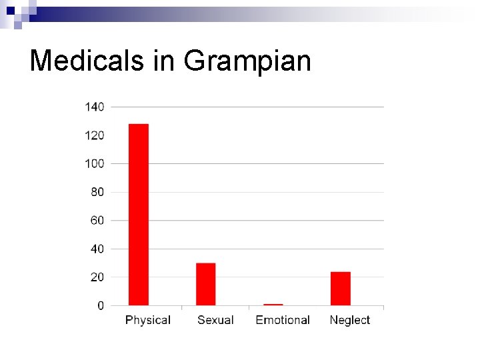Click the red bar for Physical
(139, 215)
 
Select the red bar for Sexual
(206, 284)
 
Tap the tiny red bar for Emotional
(273, 305)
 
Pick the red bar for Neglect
(340, 289)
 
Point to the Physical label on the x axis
(148, 320)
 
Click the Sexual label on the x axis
(215, 320)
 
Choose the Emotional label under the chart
(283, 320)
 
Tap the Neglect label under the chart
(349, 320)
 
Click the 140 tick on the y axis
(95, 107)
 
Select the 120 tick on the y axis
(95, 135)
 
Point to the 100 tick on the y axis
(95, 163)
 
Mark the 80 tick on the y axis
(97, 192)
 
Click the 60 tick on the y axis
(97, 220)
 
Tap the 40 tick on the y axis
(97, 249)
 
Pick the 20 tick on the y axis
(97, 277)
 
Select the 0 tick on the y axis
(101, 305)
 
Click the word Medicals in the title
(87, 61)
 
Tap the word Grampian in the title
(247, 61)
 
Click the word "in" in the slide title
(164, 61)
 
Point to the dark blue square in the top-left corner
(10, 10)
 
